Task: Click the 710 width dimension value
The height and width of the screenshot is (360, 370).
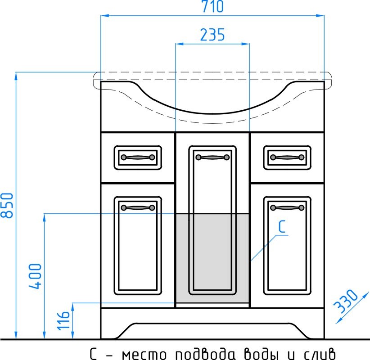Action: click(212, 7)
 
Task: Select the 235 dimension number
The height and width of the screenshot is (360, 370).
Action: click(212, 35)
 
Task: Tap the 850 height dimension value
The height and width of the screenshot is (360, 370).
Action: click(7, 206)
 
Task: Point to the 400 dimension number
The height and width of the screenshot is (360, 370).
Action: click(35, 276)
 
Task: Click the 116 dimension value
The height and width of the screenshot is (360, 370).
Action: click(63, 320)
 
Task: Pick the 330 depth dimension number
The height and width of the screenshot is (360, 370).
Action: click(345, 301)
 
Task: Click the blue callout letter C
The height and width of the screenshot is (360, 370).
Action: click(282, 226)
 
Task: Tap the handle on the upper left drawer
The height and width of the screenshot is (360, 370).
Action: click(138, 157)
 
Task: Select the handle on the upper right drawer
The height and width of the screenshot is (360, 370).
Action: click(287, 157)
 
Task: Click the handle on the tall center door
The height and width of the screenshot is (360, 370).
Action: click(212, 157)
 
